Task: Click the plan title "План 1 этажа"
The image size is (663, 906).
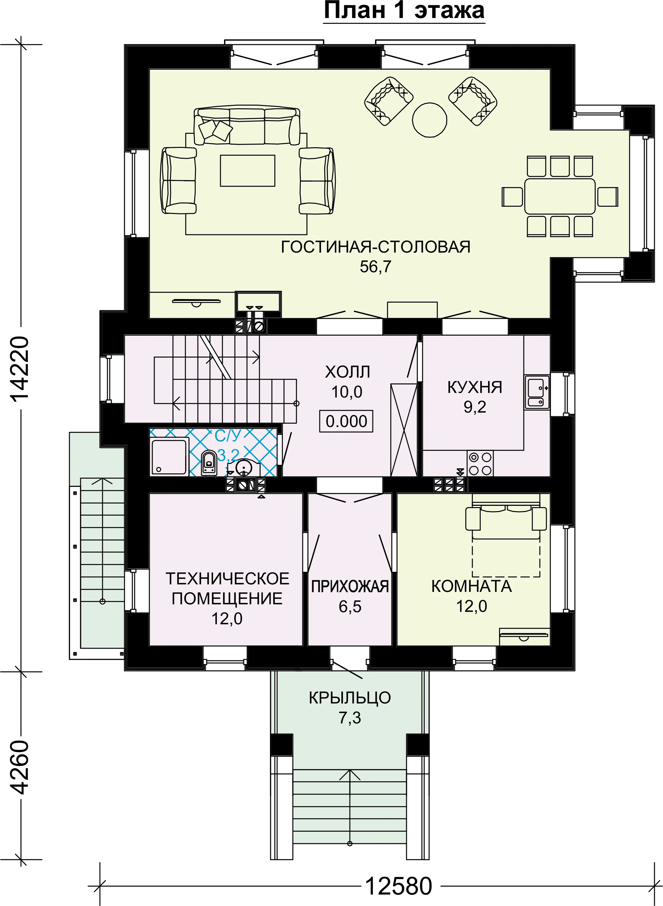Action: [404, 11]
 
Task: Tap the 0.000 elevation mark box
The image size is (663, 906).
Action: [346, 421]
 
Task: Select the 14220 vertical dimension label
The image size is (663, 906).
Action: [19, 369]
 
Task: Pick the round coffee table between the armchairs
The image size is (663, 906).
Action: [429, 120]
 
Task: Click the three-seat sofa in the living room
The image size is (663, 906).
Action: [247, 126]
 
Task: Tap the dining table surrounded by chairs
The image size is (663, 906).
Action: [559, 196]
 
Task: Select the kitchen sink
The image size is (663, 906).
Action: [537, 392]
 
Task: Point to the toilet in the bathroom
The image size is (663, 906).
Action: [209, 463]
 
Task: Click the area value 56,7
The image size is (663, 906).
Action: [375, 267]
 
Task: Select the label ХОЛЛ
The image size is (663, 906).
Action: [348, 372]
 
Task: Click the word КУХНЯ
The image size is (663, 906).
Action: [475, 387]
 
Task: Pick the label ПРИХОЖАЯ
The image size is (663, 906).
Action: [350, 586]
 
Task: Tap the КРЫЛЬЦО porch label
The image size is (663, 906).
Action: [350, 698]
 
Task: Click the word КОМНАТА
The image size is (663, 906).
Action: [472, 586]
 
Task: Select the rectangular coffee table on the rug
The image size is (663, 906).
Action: [247, 171]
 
